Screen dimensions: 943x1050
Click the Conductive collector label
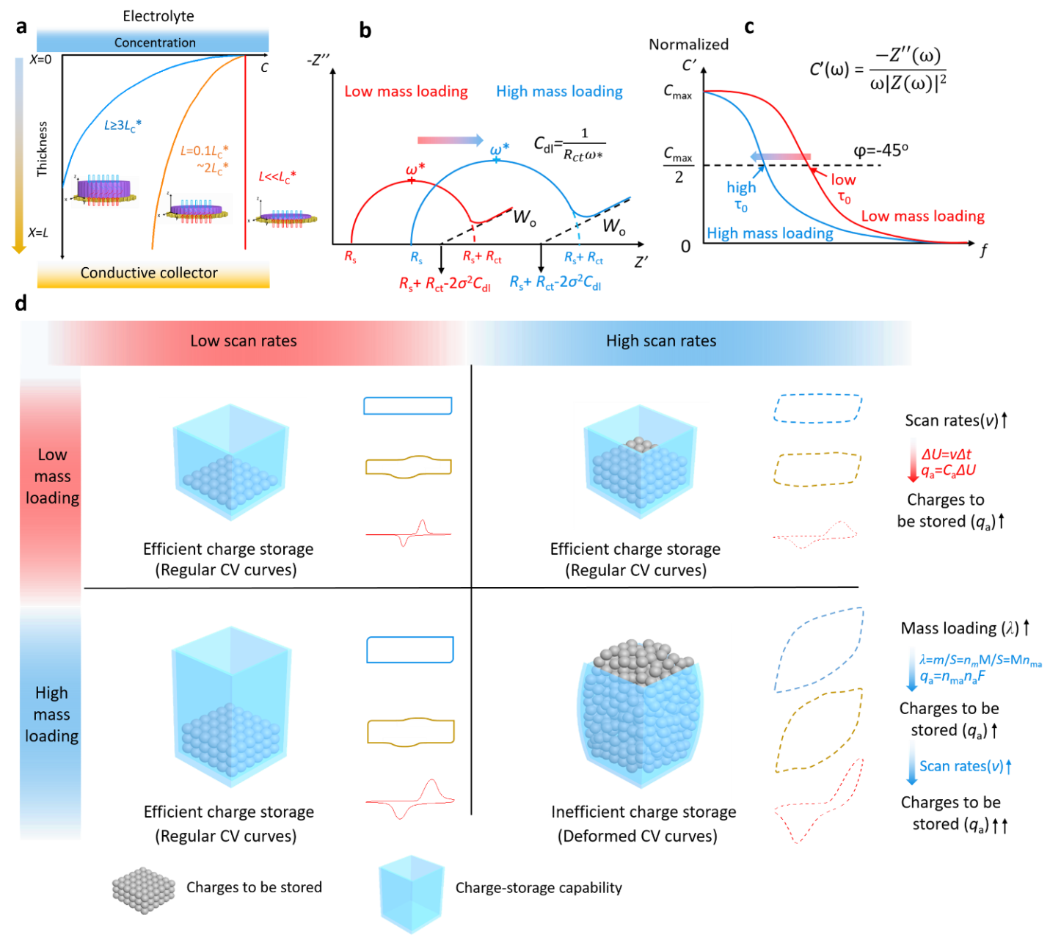point(149,273)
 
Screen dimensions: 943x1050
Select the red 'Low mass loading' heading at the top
point(406,92)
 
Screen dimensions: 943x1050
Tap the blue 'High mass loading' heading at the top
point(559,92)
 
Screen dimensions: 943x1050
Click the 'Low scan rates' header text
point(244,341)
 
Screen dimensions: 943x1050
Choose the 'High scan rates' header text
point(660,341)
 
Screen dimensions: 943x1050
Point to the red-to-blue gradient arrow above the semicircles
point(450,140)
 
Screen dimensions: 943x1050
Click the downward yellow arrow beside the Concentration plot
point(19,154)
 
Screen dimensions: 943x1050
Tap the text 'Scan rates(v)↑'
point(966,767)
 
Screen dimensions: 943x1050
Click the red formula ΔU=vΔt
point(947,454)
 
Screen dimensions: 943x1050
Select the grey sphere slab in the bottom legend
point(144,889)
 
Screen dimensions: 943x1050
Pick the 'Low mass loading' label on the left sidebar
point(52,476)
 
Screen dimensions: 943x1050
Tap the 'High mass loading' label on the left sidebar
point(51,714)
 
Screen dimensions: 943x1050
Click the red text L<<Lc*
point(277,177)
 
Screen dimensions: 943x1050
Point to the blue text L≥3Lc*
point(123,125)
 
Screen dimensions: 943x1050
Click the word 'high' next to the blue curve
point(741,188)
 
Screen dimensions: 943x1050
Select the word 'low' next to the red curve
point(843,180)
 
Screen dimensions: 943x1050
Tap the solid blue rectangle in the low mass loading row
point(407,406)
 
